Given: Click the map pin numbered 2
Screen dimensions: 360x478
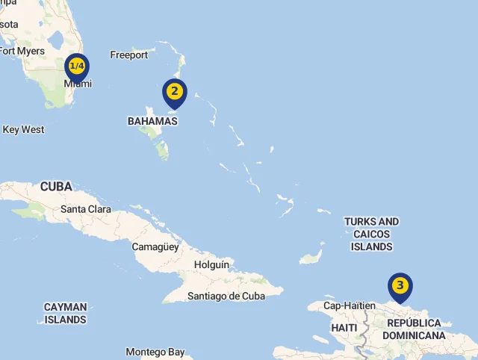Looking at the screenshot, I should pyautogui.click(x=174, y=92).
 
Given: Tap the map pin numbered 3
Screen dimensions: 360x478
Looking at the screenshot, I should pyautogui.click(x=400, y=285).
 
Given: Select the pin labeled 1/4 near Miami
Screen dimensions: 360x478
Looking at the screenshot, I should pyautogui.click(x=76, y=66).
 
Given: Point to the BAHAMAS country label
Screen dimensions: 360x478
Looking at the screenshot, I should pyautogui.click(x=152, y=121).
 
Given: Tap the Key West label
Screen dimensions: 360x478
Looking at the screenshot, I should pyautogui.click(x=23, y=129).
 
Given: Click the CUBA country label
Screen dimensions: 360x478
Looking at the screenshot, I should pyautogui.click(x=56, y=186).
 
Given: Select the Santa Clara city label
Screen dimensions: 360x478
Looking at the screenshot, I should pyautogui.click(x=86, y=209).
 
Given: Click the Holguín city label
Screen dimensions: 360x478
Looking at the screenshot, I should pyautogui.click(x=211, y=264).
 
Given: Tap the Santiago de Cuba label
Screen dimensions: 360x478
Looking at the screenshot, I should pyautogui.click(x=226, y=296).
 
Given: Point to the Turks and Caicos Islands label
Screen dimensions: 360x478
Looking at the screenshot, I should pyautogui.click(x=371, y=234).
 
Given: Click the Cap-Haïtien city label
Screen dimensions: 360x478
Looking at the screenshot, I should pyautogui.click(x=348, y=305).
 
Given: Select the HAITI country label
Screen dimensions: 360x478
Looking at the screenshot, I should pyautogui.click(x=344, y=328).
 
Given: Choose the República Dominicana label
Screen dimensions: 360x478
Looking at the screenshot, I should pyautogui.click(x=414, y=329).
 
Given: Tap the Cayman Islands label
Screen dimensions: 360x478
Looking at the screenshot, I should pyautogui.click(x=65, y=313).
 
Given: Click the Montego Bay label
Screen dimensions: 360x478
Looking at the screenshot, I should pyautogui.click(x=155, y=352).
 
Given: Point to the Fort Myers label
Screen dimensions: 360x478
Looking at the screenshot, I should pyautogui.click(x=22, y=51).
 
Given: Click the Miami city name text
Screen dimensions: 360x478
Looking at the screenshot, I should pyautogui.click(x=78, y=84).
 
